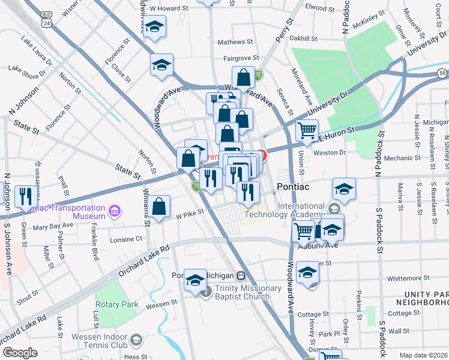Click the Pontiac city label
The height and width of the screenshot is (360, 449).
click(292, 187)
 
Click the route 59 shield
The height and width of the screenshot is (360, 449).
click(441, 73)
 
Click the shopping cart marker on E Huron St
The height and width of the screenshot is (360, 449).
click(307, 130)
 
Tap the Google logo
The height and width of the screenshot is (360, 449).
click(20, 353)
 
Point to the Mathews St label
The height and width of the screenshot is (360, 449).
click(235, 42)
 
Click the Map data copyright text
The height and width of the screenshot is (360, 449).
click(423, 355)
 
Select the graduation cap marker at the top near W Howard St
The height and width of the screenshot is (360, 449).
click(155, 27)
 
